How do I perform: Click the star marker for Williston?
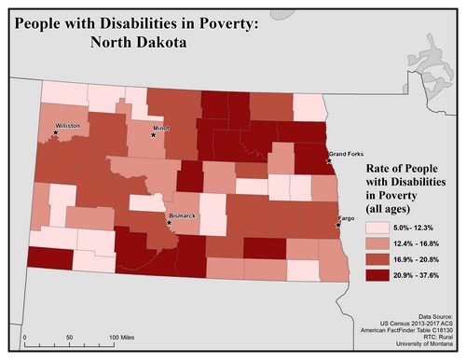56,132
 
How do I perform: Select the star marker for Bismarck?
169,224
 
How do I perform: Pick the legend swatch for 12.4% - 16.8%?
353,245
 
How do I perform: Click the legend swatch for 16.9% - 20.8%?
353,262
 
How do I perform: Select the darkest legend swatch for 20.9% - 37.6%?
353,279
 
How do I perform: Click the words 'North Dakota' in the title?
140,42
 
